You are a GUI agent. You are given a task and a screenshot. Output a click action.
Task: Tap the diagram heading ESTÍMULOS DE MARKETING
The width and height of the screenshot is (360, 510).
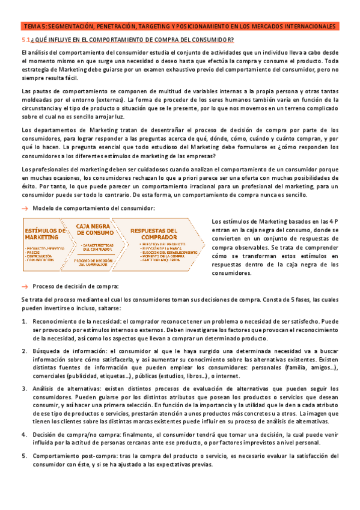(46, 233)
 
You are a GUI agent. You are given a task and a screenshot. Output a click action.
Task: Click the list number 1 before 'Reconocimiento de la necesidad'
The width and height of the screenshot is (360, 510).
(24, 321)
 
